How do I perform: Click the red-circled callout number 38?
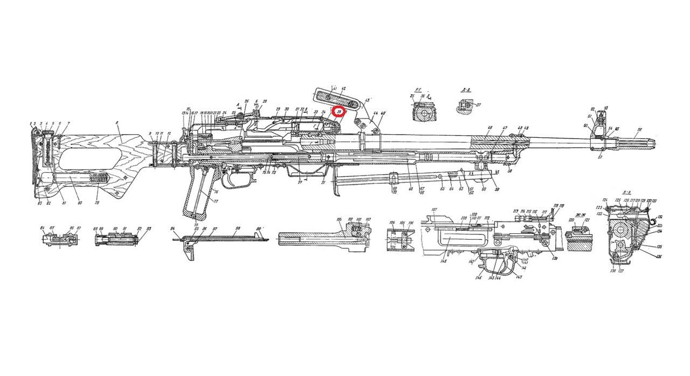click(x=339, y=112)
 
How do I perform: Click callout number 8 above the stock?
click(x=116, y=123)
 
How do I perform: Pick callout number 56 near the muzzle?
click(x=639, y=130)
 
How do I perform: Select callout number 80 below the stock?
click(x=80, y=203)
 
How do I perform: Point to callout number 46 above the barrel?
click(x=489, y=128)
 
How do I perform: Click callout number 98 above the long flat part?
click(x=237, y=228)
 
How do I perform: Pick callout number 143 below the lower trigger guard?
click(x=519, y=277)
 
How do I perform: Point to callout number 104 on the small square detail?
click(x=391, y=222)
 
